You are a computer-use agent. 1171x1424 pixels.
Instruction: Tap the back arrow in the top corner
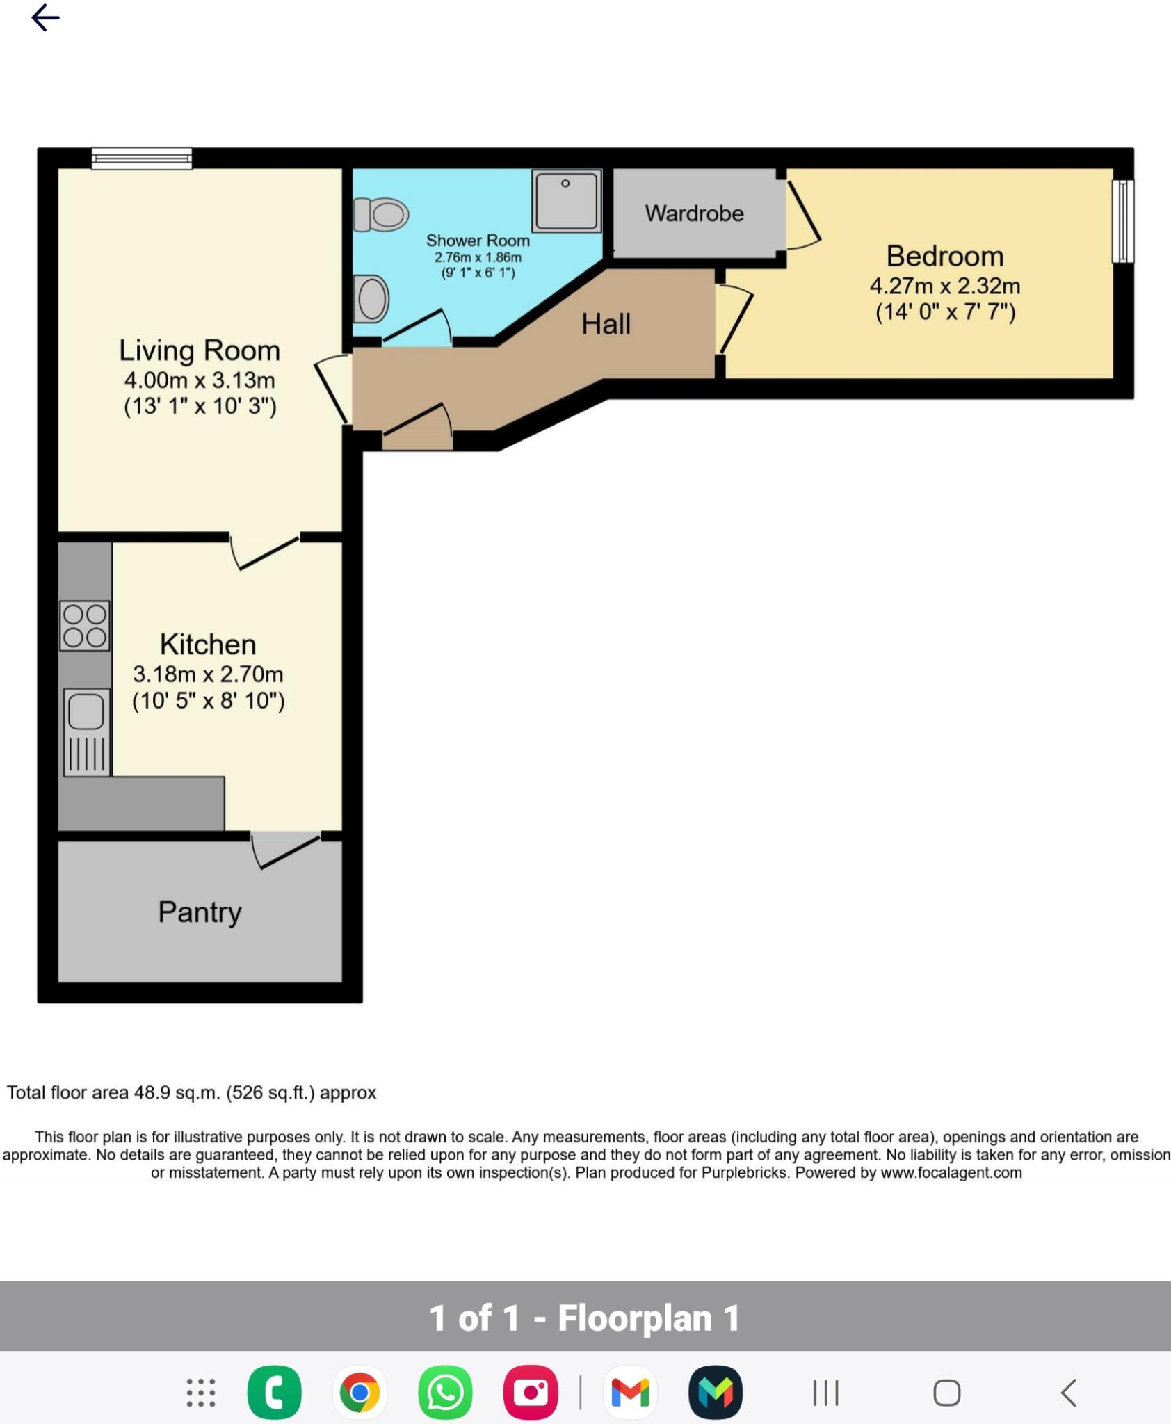pos(45,17)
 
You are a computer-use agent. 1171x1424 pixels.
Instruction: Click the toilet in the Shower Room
pos(380,214)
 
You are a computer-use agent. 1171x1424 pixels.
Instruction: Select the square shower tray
pos(566,201)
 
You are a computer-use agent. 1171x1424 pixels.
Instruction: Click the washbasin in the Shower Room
pos(371,299)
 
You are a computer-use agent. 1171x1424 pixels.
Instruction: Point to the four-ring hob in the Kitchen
pos(85,626)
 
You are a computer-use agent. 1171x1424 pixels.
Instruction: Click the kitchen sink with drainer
pos(87,732)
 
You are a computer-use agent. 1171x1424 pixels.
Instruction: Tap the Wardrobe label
pos(694,213)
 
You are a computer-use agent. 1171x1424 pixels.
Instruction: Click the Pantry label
pos(200,912)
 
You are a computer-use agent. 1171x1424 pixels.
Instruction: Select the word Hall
pos(606,324)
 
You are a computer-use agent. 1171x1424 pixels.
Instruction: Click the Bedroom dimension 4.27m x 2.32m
pos(944,286)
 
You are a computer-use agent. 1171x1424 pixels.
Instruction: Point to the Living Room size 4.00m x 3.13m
pos(200,380)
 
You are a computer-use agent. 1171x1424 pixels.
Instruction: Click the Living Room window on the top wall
pos(142,159)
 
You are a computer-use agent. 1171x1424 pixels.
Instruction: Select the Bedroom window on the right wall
pos(1122,221)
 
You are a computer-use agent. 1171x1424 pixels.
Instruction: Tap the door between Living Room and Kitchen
pos(266,551)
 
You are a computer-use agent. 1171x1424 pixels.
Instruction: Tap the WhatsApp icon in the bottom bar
pos(445,1393)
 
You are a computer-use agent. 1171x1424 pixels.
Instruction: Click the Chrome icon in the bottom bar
pos(360,1393)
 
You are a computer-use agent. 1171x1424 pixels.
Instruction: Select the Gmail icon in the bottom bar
pos(630,1393)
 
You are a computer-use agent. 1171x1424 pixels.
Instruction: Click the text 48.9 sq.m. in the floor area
pos(177,1092)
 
